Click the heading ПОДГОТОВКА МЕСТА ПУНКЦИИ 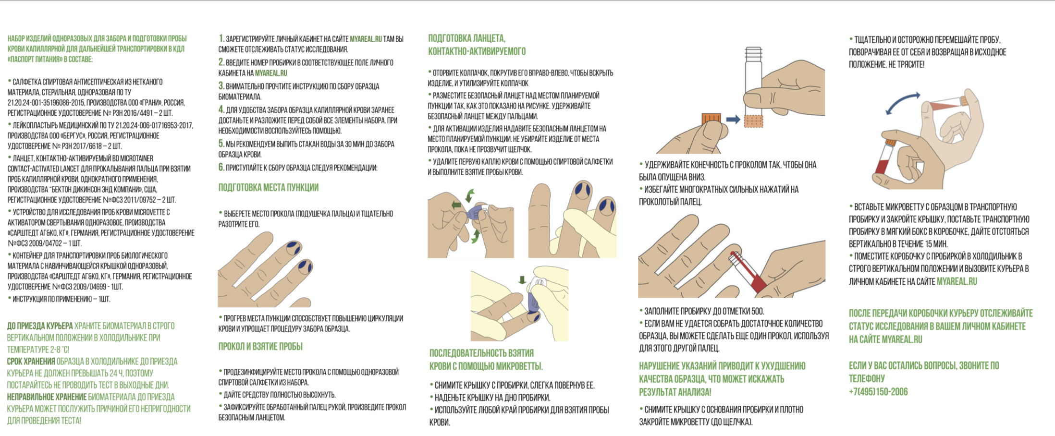click(268, 187)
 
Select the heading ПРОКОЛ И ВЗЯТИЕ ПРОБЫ click(260, 346)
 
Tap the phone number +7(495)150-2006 click(878, 392)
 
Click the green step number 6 click(221, 167)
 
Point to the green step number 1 click(221, 38)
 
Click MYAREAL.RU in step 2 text click(271, 73)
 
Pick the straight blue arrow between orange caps click(733, 119)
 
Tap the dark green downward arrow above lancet click(522, 279)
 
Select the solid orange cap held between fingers click(711, 118)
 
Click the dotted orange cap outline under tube click(753, 121)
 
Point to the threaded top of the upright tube click(754, 52)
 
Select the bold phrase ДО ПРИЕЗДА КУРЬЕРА click(40, 326)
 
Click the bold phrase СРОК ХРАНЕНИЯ click(31, 361)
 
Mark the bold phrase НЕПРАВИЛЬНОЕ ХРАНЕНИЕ click(47, 397)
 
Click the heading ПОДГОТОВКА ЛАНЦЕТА click(466, 38)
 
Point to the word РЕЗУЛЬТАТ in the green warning click(656, 392)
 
